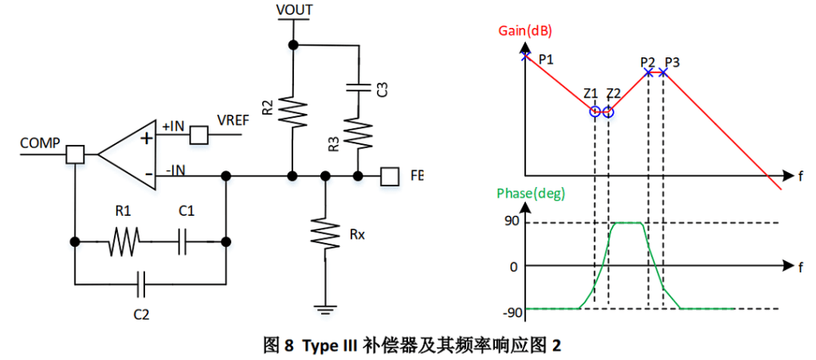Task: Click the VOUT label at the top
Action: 293,10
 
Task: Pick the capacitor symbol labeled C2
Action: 142,280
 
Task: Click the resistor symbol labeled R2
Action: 293,112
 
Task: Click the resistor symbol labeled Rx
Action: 325,233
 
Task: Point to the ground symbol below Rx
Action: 325,307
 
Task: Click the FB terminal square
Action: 389,175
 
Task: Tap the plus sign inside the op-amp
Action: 146,138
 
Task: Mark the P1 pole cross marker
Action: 525,56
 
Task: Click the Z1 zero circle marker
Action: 594,112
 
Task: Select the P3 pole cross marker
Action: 663,73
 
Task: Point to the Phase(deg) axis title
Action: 528,194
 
